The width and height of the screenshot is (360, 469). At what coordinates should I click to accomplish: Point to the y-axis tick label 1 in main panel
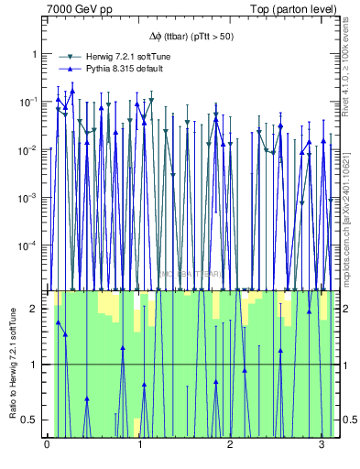click(x=36, y=54)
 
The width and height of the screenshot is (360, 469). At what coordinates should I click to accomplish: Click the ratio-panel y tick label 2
click(x=36, y=309)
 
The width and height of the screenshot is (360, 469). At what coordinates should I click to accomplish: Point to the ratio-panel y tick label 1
click(x=36, y=365)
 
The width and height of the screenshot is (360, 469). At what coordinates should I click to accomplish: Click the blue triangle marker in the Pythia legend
click(x=68, y=69)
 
